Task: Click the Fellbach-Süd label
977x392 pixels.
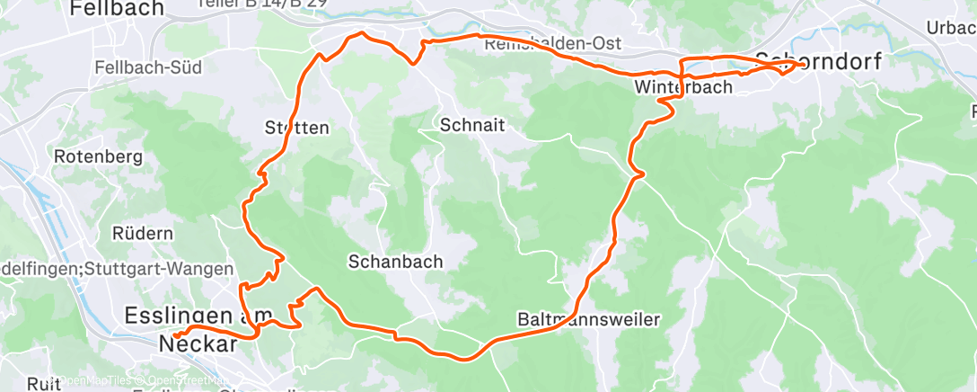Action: click(x=148, y=67)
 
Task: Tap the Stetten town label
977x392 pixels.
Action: click(x=296, y=128)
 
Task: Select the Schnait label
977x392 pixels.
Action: click(x=468, y=126)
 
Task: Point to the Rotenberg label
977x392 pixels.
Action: click(x=99, y=156)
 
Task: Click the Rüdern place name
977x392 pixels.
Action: click(x=142, y=233)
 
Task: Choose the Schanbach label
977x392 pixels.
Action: click(x=395, y=262)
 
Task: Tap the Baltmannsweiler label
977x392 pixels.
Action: click(x=588, y=319)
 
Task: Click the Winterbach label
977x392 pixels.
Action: click(x=682, y=87)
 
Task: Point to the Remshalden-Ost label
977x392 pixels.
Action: click(x=551, y=43)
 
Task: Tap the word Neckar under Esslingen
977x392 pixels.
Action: click(x=198, y=343)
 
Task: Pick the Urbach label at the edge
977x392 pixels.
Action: click(x=953, y=28)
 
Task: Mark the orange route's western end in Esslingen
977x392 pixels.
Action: click(x=178, y=340)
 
